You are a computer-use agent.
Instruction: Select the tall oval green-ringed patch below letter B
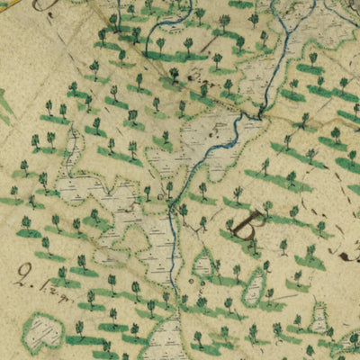point(255,288)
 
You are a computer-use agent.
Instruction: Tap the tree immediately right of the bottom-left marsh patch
point(79,328)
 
